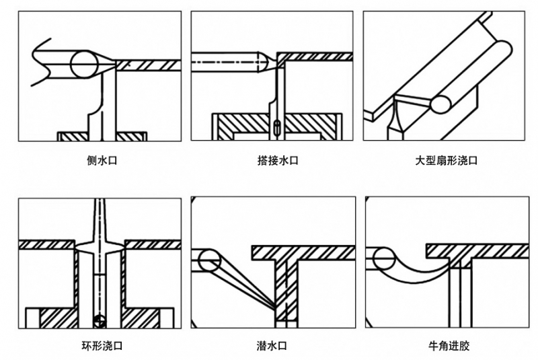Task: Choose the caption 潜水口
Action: click(272, 347)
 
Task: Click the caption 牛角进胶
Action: click(449, 347)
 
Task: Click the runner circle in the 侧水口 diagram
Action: click(83, 65)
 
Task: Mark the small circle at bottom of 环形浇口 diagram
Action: click(100, 320)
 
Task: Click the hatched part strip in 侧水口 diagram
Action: click(148, 65)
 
